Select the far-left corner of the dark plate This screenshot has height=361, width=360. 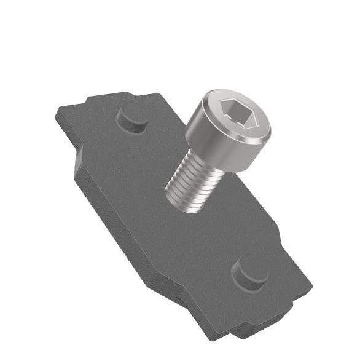pyautogui.click(x=57, y=112)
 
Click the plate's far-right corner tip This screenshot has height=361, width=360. pyautogui.click(x=312, y=285)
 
